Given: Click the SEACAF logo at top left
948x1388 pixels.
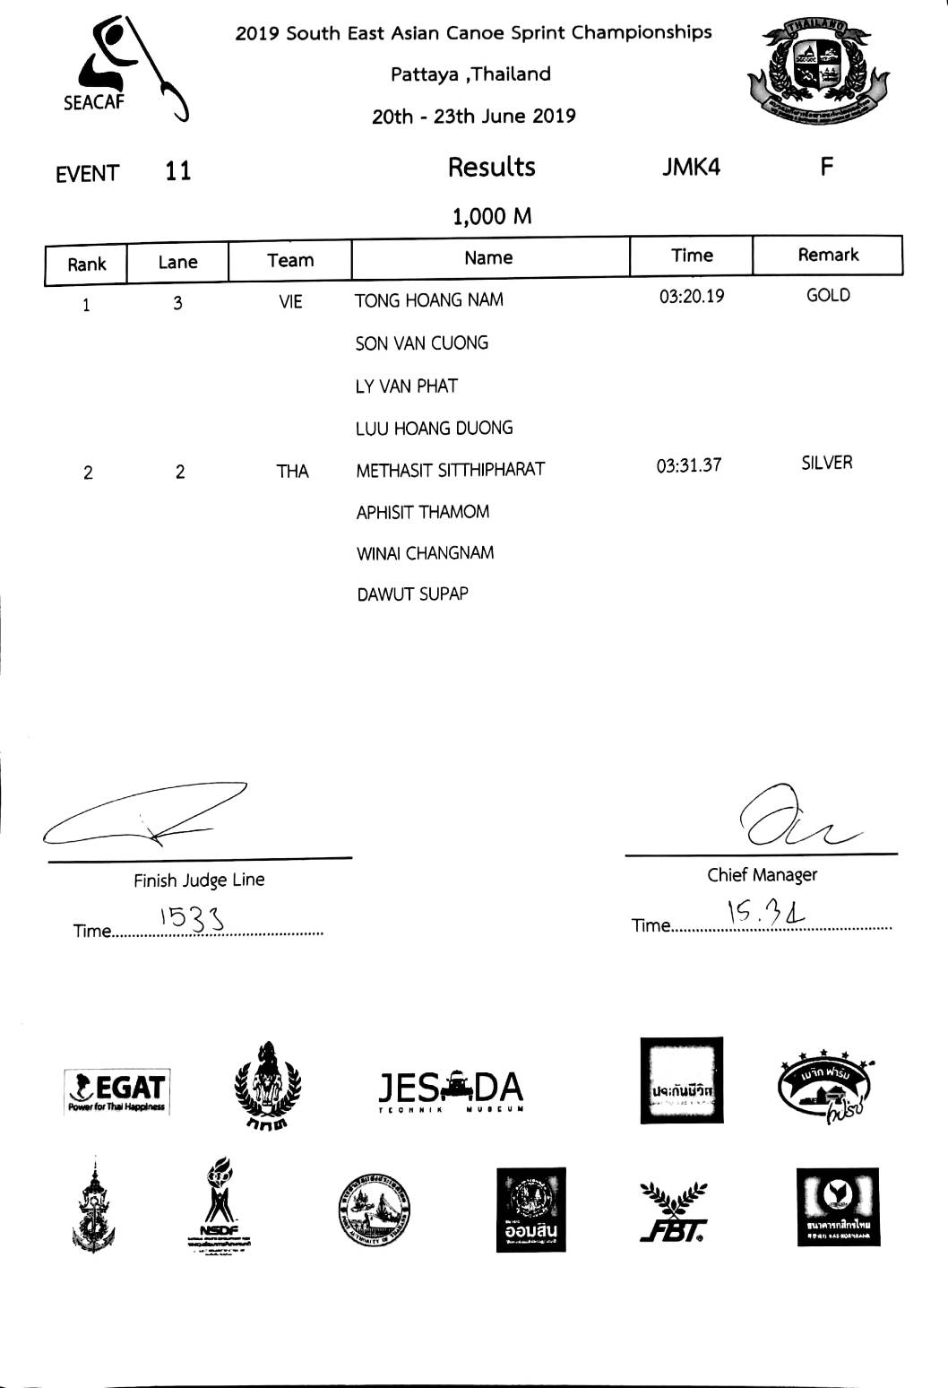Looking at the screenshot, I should (125, 70).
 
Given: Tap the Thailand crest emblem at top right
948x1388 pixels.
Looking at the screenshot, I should (816, 72).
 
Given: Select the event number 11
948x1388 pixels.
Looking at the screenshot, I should (178, 170).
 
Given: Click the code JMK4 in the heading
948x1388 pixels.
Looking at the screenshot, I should (691, 167).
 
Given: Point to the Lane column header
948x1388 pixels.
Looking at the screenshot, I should (177, 262).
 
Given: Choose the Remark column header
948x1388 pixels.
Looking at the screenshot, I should (828, 255).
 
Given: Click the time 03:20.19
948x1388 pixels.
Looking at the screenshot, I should (692, 296).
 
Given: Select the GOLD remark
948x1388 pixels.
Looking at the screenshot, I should (828, 295).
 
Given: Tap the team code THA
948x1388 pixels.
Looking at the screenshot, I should (292, 472).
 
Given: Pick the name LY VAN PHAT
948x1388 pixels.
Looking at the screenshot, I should (407, 386).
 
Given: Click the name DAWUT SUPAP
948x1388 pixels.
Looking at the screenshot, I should (412, 594).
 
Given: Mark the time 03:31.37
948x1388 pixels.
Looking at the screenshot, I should (688, 465).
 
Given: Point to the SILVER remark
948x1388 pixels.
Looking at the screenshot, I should (827, 463).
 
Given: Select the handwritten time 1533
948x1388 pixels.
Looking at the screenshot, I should (191, 917).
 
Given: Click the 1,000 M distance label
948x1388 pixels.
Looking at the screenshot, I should (492, 216).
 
